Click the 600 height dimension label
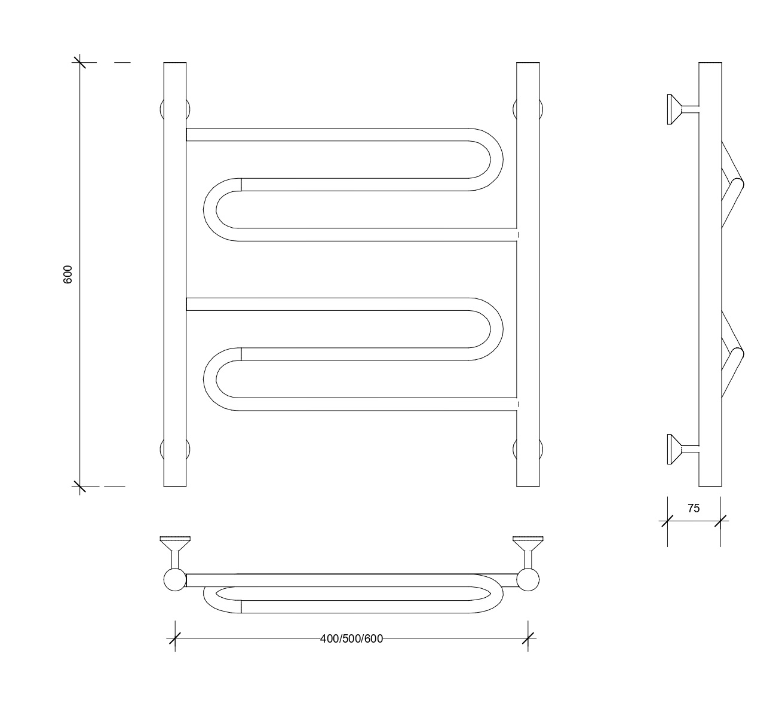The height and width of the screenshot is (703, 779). click(x=68, y=274)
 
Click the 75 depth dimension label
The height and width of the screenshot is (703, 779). click(x=694, y=508)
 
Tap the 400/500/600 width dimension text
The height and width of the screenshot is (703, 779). click(x=351, y=639)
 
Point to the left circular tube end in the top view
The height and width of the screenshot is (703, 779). click(x=175, y=579)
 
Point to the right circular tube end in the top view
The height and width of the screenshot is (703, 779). click(x=528, y=579)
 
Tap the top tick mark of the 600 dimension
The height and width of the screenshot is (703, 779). click(x=79, y=62)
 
